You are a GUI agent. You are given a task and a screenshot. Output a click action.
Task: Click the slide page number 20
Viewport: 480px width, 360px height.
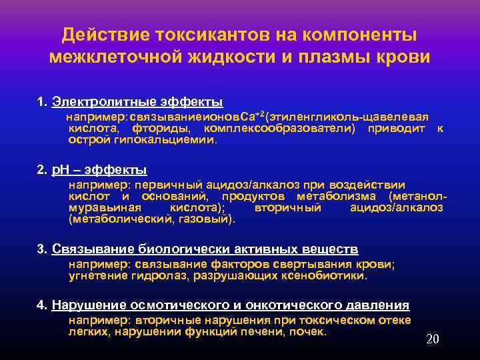[x=432, y=339]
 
